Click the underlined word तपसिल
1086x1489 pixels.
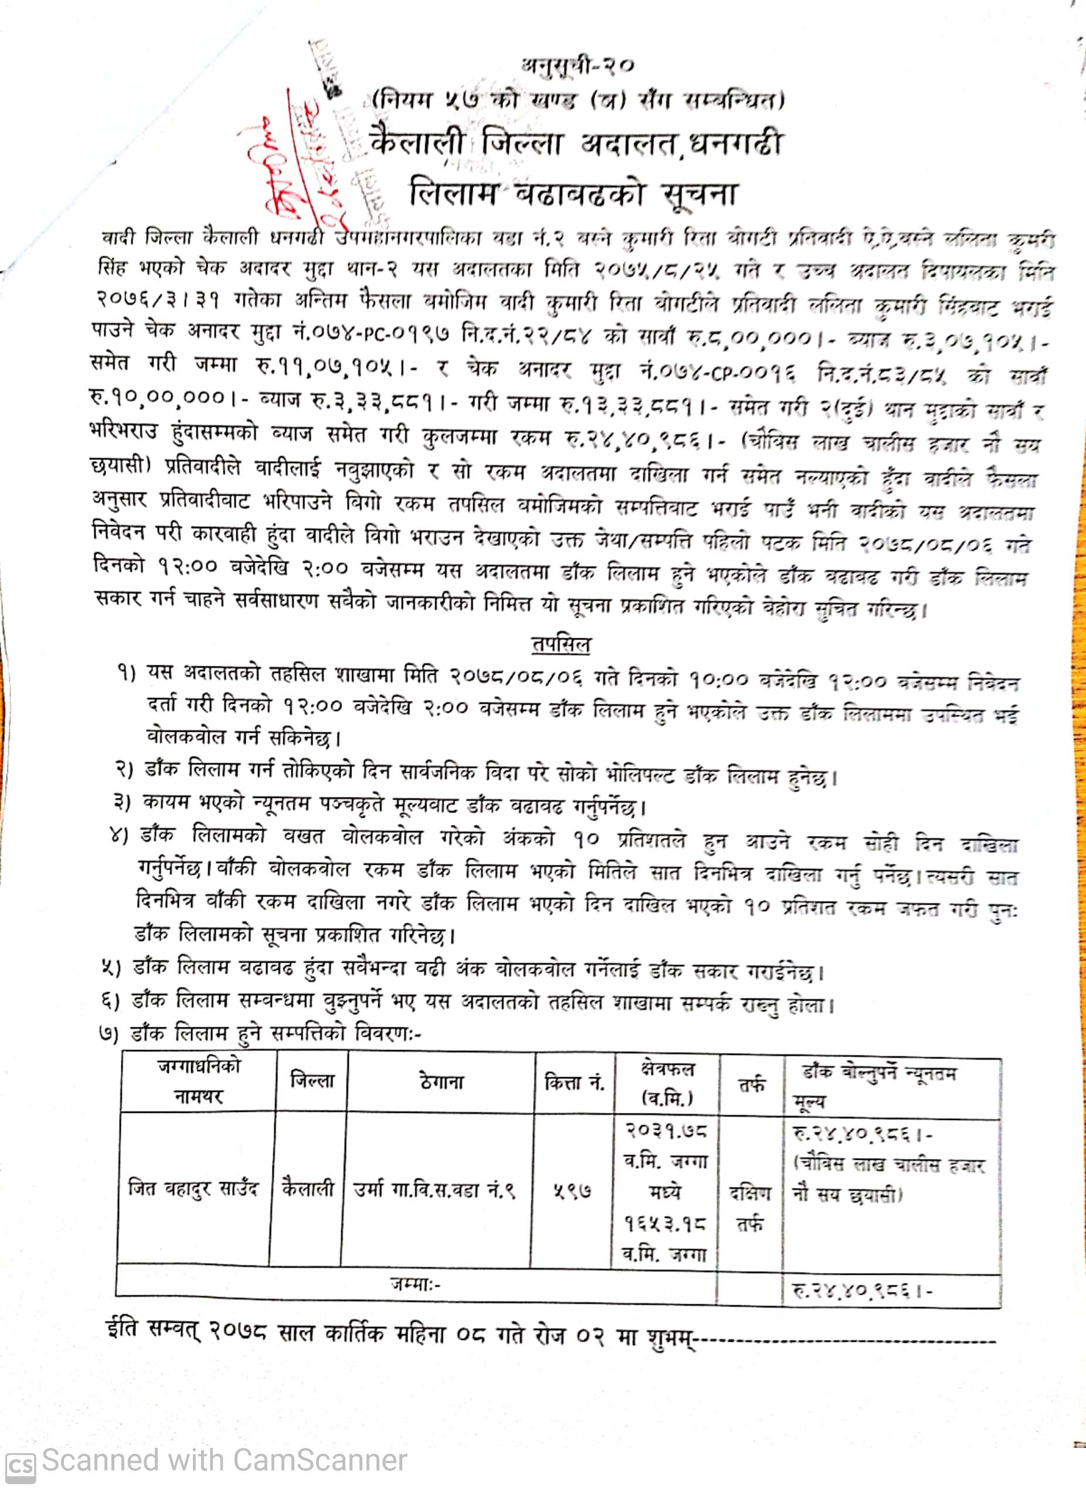(560, 644)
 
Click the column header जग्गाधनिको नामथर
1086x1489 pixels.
(199, 1081)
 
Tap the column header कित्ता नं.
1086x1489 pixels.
(575, 1082)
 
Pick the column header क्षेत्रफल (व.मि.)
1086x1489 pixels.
(667, 1082)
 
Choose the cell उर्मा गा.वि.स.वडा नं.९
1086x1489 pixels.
(434, 1190)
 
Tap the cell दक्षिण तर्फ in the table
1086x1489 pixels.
(749, 1207)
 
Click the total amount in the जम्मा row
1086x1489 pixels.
(861, 1290)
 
